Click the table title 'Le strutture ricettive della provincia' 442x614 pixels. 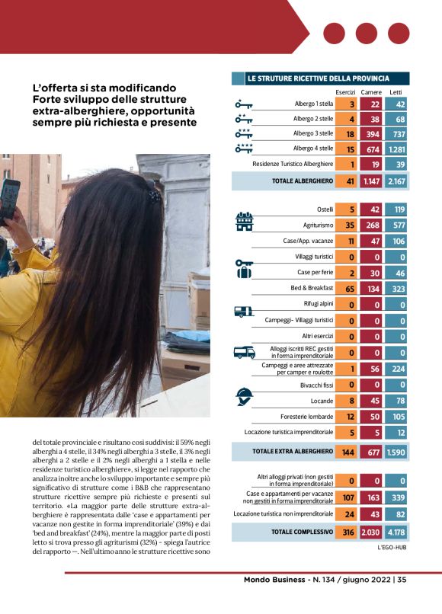[x=318, y=78]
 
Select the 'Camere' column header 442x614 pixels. [x=371, y=92]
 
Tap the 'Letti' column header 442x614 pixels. [x=396, y=92]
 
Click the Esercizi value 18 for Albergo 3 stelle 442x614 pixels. [x=351, y=133]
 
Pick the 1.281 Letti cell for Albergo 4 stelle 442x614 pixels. [x=396, y=149]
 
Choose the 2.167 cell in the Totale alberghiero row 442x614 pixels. [x=396, y=181]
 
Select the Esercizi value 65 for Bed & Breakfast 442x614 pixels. [x=351, y=288]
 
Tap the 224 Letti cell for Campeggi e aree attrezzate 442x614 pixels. [x=396, y=368]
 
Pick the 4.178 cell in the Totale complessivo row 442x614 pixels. [x=396, y=531]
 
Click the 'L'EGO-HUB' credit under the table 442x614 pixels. [x=393, y=547]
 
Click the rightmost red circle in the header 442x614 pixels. [x=399, y=34]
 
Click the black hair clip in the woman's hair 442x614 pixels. [x=155, y=196]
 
